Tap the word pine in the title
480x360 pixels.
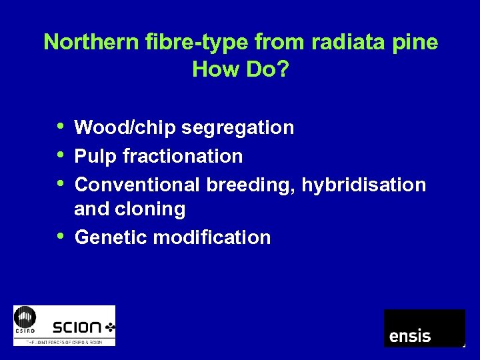coord(415,43)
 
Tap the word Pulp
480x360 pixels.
coord(94,156)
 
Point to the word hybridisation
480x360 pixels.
coord(364,185)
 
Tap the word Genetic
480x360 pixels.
coord(111,237)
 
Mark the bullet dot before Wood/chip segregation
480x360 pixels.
coord(61,125)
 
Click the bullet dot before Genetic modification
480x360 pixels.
coord(61,235)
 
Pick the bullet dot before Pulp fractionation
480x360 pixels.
coord(61,154)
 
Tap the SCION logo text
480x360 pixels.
coord(79,327)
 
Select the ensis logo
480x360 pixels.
coord(424,328)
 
